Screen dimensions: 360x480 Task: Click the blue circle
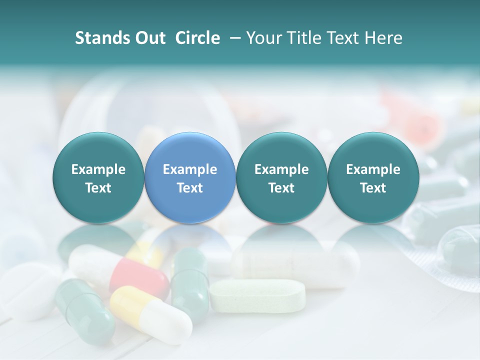(x=190, y=177)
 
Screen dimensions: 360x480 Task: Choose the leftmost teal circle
(x=98, y=177)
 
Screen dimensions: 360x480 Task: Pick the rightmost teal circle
(x=373, y=177)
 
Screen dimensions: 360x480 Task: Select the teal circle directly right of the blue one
(x=281, y=177)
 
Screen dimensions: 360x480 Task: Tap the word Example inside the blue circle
(x=190, y=169)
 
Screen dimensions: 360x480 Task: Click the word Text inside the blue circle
(x=190, y=188)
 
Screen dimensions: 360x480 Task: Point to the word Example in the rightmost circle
(x=373, y=169)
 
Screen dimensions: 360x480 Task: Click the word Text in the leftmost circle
(x=98, y=188)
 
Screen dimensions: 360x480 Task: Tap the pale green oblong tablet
(x=257, y=295)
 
